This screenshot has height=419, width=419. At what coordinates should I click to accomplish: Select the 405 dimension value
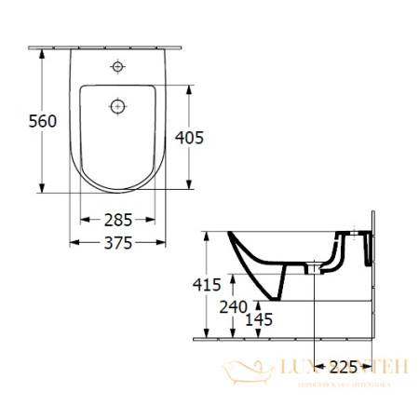188,137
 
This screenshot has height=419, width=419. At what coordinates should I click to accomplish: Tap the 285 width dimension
116,220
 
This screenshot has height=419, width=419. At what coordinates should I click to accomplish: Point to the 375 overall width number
116,242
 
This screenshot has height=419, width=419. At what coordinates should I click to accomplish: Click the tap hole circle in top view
117,67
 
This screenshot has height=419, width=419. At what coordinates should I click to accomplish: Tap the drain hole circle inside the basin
117,106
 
